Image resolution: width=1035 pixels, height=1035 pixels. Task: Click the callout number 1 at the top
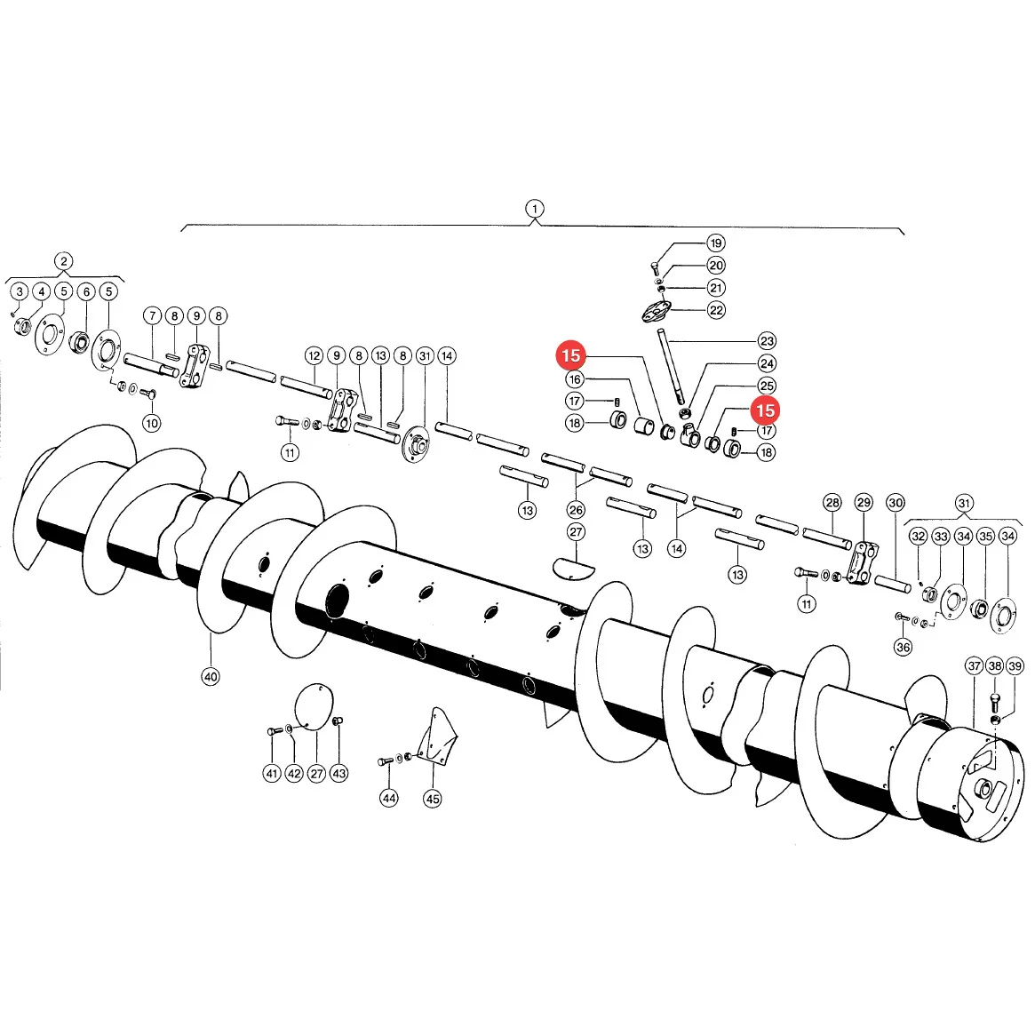(534, 210)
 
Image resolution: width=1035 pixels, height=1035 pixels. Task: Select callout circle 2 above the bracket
(63, 261)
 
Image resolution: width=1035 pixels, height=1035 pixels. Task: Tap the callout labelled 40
(211, 677)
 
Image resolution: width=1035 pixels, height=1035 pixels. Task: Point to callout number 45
(433, 799)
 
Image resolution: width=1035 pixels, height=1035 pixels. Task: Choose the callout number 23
(767, 341)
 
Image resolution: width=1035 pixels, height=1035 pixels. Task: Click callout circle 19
(716, 243)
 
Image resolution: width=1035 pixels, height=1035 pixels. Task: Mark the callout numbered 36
(903, 647)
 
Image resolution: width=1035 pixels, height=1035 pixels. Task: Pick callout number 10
(152, 423)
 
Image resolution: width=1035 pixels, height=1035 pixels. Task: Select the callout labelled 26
(576, 510)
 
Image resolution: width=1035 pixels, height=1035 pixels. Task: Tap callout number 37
(975, 666)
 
